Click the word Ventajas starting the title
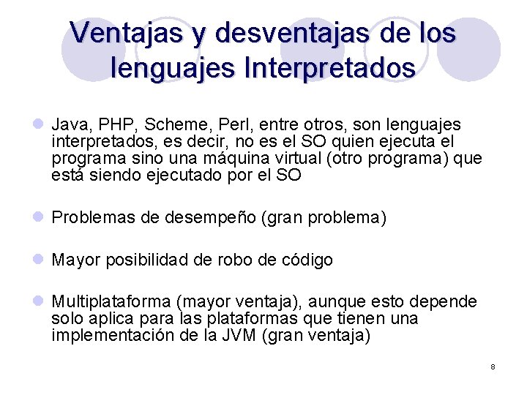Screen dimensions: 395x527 (x=118, y=33)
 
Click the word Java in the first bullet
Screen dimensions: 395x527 (x=68, y=125)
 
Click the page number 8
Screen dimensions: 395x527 (x=493, y=366)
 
